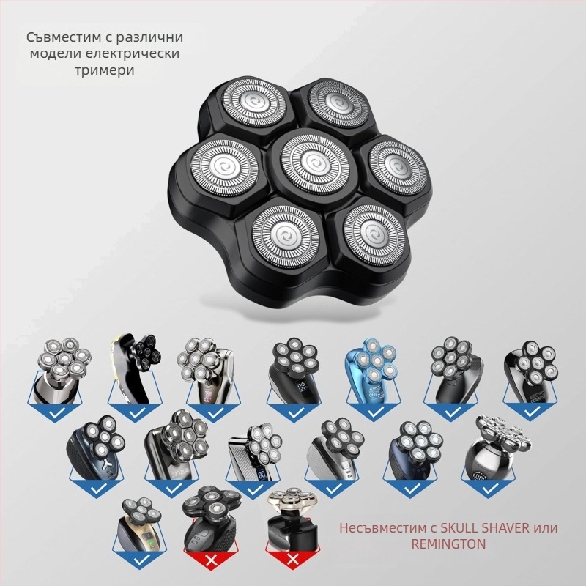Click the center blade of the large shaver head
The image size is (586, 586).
(313, 163)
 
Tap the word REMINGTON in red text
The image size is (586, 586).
(448, 544)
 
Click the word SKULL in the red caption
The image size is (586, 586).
(460, 527)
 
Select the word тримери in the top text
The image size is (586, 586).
(104, 70)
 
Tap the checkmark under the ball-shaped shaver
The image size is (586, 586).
(490, 489)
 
